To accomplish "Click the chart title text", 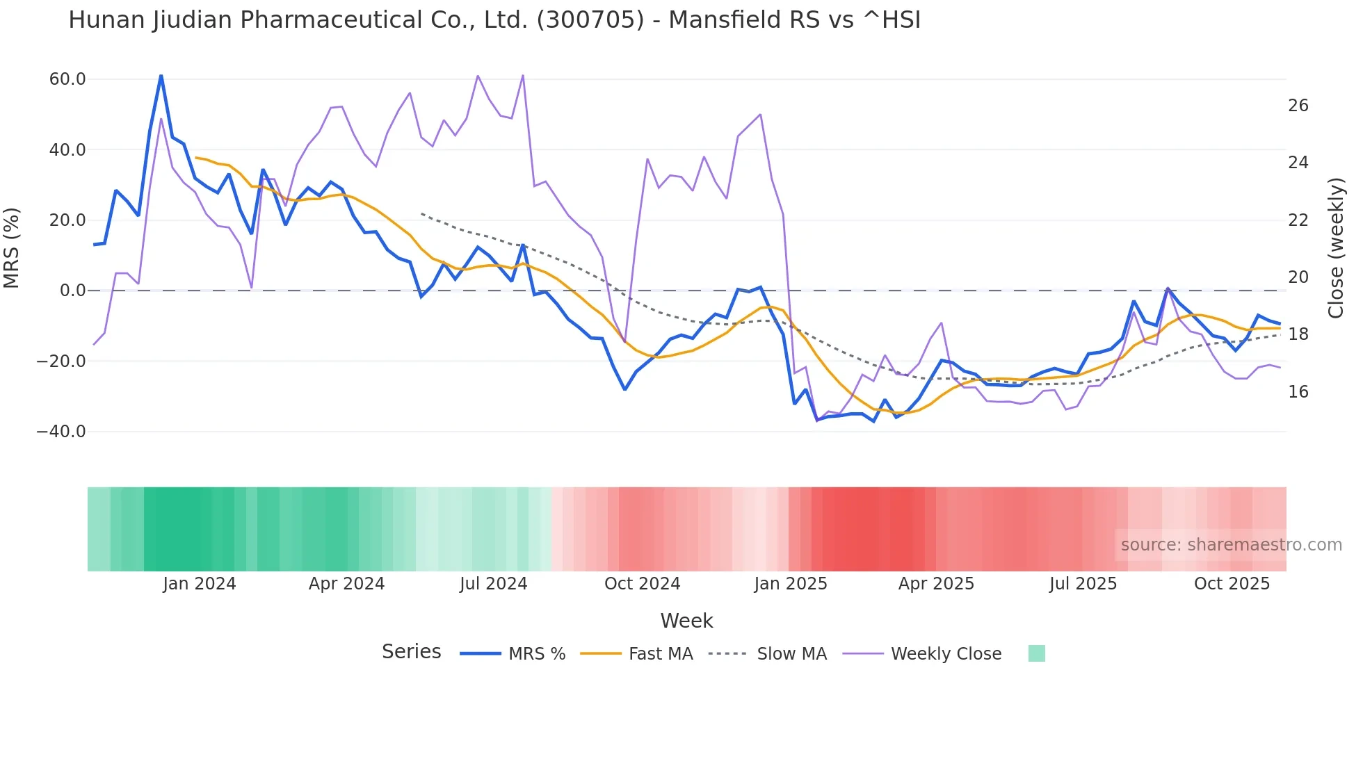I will point(494,20).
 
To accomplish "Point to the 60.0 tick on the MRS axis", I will point(67,79).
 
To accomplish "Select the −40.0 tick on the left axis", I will point(61,432).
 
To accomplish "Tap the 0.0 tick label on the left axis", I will point(72,291).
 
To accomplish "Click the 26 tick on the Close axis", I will point(1298,106).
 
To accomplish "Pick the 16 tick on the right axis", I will point(1298,392).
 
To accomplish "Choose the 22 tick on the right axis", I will point(1298,220).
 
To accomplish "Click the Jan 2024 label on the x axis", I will point(200,584).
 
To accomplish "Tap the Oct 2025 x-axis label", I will point(1232,584).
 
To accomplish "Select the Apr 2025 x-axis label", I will point(936,584).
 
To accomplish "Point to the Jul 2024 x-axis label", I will point(494,584).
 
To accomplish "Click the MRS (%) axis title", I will point(12,248).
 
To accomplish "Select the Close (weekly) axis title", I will point(1336,248).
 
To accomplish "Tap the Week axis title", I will point(686,621).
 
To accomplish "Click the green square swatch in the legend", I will point(1036,653).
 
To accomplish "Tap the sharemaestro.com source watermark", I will point(1231,545).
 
